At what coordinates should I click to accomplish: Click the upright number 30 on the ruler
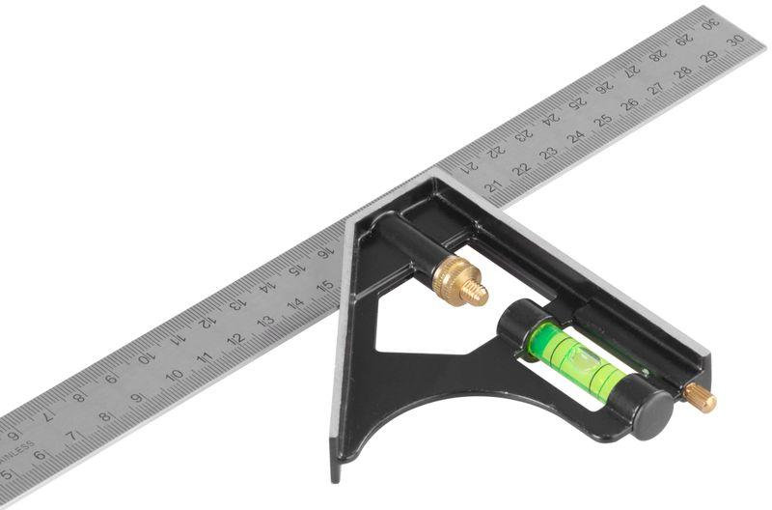[734, 41]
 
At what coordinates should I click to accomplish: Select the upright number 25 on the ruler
[603, 120]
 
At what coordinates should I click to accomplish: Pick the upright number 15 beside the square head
[325, 285]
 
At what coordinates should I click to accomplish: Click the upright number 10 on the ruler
[175, 376]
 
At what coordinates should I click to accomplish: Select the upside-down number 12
[207, 321]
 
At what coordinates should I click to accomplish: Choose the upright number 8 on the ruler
[104, 417]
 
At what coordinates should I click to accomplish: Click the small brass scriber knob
[701, 397]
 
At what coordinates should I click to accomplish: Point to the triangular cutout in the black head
[425, 324]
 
